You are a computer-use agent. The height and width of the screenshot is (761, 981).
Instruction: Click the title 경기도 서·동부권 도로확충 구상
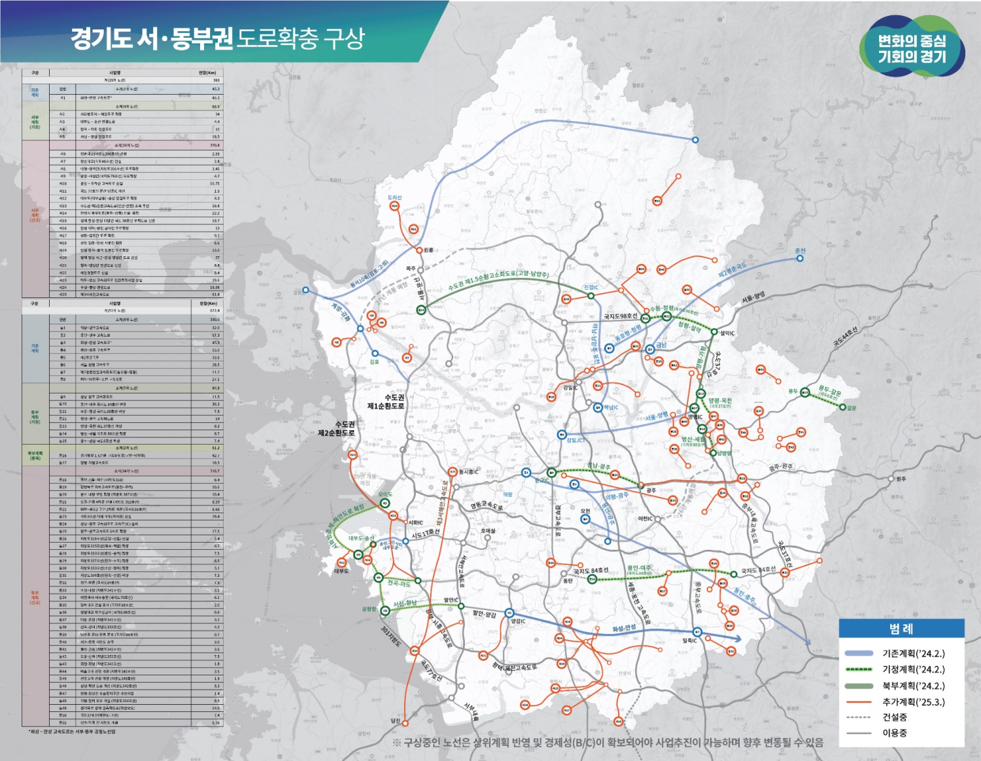(217, 39)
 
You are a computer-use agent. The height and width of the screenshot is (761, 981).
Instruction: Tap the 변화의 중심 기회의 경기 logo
(912, 48)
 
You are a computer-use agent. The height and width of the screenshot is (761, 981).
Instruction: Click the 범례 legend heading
(901, 629)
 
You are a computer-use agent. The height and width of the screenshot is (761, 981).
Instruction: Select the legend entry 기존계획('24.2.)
(913, 653)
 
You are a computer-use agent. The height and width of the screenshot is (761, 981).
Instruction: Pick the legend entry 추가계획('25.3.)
(913, 702)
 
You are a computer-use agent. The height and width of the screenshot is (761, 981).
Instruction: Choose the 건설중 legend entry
(895, 717)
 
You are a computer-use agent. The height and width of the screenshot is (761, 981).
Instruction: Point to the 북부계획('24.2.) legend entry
(913, 686)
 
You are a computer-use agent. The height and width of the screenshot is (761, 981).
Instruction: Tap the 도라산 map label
(394, 197)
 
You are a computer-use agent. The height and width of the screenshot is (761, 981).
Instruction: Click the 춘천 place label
(800, 251)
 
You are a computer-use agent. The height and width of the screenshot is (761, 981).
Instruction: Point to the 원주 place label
(901, 479)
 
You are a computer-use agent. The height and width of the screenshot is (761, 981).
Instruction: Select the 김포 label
(374, 362)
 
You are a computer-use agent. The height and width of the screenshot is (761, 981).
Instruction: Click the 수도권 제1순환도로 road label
(386, 401)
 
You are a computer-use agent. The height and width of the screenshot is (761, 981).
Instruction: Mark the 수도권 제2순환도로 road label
(336, 428)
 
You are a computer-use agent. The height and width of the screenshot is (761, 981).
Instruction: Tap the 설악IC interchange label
(727, 333)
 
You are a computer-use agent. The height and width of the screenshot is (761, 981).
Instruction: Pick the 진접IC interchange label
(591, 288)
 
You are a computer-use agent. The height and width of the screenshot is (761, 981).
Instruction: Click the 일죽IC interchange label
(690, 641)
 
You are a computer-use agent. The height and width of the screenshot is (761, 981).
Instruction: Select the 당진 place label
(395, 720)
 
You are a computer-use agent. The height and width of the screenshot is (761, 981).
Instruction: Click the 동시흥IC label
(468, 471)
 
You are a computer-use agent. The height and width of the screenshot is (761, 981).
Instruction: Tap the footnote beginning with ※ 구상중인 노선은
(608, 743)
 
